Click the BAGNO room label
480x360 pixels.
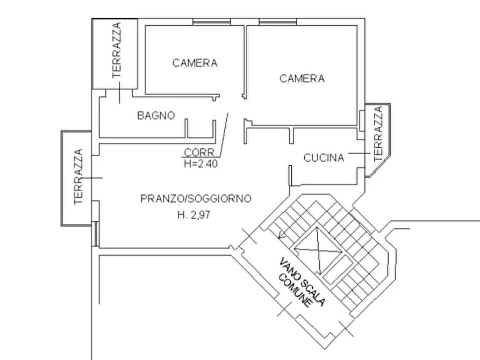click(156, 115)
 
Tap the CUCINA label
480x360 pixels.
click(324, 158)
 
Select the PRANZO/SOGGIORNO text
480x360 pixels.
click(196, 199)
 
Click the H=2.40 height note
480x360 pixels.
click(200, 164)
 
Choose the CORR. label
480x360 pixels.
click(200, 152)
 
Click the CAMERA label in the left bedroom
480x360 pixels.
click(195, 63)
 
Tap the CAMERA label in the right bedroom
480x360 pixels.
click(302, 79)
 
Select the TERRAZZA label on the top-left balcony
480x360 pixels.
click(117, 51)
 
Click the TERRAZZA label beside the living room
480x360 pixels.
click(78, 177)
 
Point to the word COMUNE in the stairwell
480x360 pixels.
click(295, 291)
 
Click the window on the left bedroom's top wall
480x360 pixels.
click(211, 23)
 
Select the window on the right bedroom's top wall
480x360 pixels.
click(278, 23)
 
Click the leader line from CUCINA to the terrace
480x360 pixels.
click(359, 154)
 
